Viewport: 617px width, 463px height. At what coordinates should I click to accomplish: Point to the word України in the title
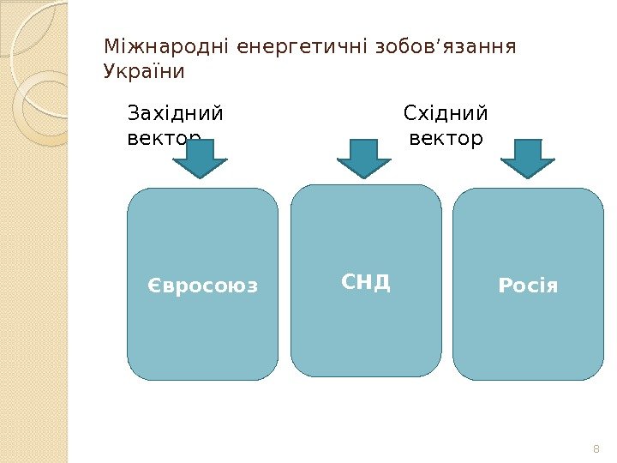click(x=143, y=71)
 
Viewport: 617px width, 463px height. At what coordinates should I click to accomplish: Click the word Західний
click(x=175, y=114)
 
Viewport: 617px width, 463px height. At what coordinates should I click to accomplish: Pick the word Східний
click(x=445, y=114)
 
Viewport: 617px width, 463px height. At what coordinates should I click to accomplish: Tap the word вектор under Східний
click(x=446, y=138)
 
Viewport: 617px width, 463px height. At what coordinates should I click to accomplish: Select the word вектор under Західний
click(x=164, y=138)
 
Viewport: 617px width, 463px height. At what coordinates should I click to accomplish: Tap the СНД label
click(x=366, y=282)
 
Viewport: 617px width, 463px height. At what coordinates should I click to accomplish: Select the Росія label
click(x=528, y=286)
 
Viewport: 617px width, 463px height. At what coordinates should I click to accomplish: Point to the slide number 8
click(x=596, y=449)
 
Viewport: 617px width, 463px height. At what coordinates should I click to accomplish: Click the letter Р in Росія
click(x=504, y=286)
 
